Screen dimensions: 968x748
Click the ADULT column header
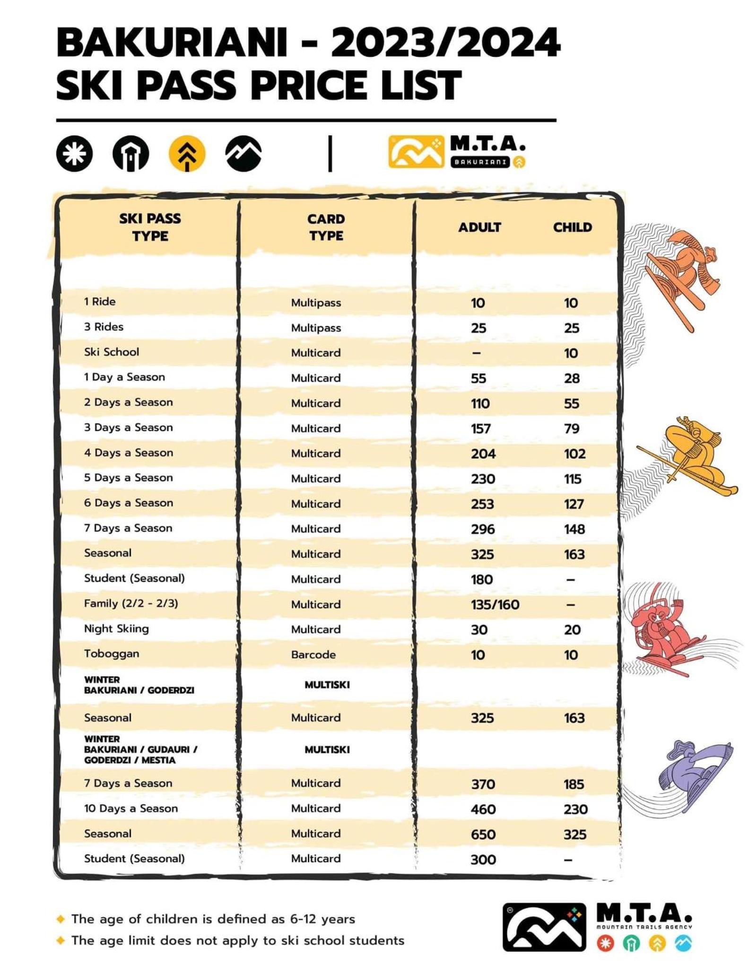[x=479, y=227]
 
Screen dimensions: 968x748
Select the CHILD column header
[x=572, y=227]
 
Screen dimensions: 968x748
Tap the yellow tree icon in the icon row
[x=187, y=153]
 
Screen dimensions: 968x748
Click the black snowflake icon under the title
[x=74, y=153]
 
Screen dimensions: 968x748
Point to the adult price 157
[x=480, y=428]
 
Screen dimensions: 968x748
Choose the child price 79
[x=571, y=428]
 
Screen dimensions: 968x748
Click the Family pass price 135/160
[x=495, y=604]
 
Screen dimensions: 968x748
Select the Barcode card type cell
[x=313, y=654]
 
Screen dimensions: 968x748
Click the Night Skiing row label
[x=116, y=628]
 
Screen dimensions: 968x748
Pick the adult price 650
[x=483, y=834]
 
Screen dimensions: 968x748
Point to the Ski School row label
[x=112, y=352]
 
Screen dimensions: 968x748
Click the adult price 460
[x=483, y=809]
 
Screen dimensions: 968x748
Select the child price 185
[x=573, y=784]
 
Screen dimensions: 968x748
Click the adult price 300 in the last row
[x=483, y=859]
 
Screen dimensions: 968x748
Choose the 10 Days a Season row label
[x=131, y=808]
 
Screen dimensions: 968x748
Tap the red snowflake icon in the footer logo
[x=605, y=943]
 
